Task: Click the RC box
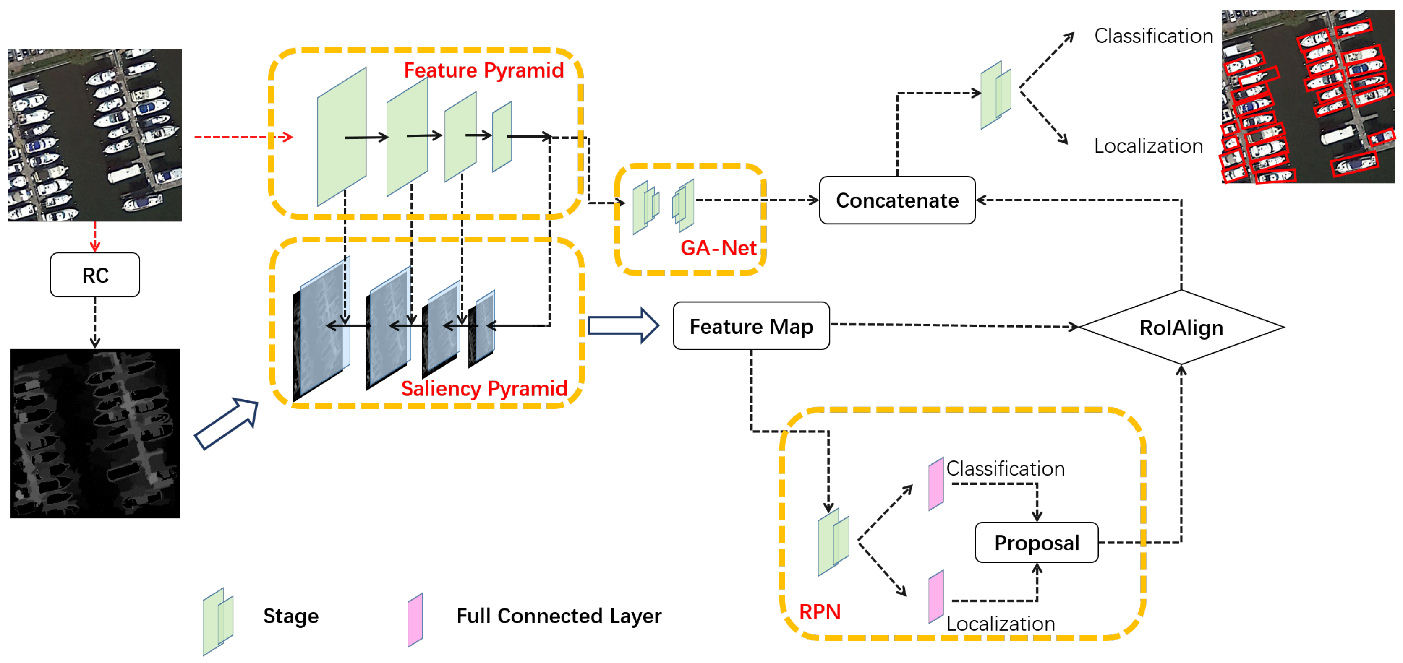[x=95, y=275]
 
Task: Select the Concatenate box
[x=897, y=200]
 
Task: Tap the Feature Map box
[x=751, y=326]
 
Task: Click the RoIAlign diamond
[x=1181, y=327]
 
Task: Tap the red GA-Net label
[x=718, y=248]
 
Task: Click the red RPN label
[x=819, y=611]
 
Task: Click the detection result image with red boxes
[x=1308, y=96]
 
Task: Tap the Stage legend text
[x=291, y=616]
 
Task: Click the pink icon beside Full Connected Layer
[x=415, y=620]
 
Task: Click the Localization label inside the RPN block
[x=1000, y=623]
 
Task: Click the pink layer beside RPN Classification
[x=936, y=484]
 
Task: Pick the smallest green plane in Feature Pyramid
[x=502, y=137]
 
